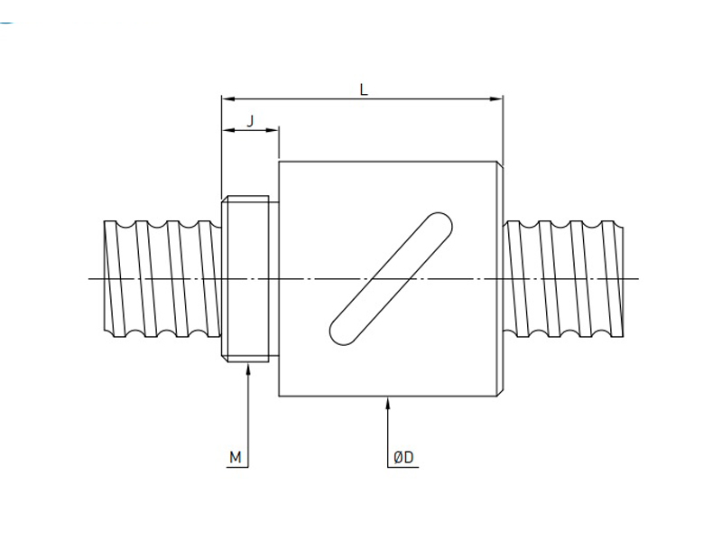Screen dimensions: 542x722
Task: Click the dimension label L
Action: (x=363, y=89)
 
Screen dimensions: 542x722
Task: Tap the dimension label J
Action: (x=250, y=120)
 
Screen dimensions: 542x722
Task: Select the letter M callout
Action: (x=236, y=458)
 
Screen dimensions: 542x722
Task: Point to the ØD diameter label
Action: (x=403, y=458)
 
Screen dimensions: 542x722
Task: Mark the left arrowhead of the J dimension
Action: (x=227, y=131)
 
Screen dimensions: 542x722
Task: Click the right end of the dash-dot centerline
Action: (x=638, y=279)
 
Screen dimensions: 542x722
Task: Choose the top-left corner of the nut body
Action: (x=280, y=162)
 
